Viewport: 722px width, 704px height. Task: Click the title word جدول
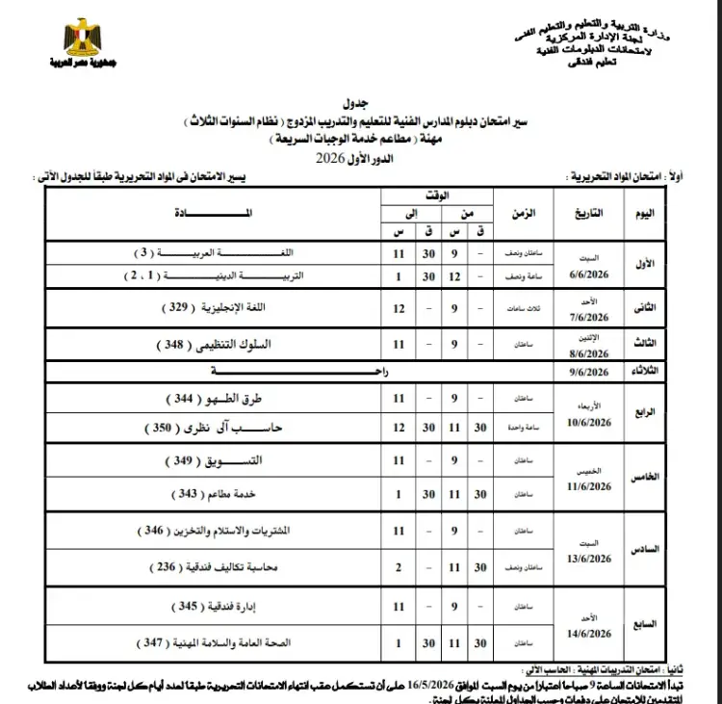tap(354, 103)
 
